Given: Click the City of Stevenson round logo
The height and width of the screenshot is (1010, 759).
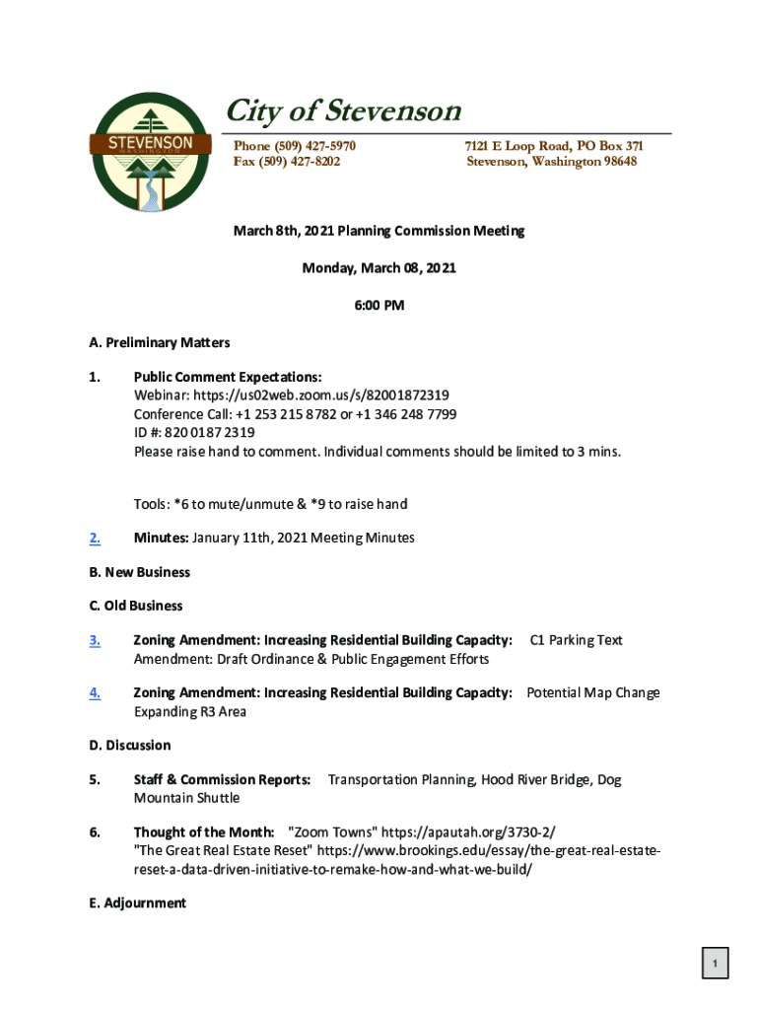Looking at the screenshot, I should click(150, 152).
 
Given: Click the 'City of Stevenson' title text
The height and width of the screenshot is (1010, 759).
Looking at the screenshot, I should click(344, 110).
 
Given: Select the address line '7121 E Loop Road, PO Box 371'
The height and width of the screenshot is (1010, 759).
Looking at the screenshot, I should click(554, 146).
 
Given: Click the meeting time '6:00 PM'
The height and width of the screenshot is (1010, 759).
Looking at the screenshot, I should click(379, 305).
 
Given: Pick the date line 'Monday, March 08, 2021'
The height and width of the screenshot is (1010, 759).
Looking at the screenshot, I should click(379, 267).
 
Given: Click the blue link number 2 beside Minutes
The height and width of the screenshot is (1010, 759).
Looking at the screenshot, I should click(95, 538).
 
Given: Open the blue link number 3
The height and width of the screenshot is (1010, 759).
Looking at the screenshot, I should click(95, 640).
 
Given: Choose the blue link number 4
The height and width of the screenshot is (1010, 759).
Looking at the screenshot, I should click(95, 692).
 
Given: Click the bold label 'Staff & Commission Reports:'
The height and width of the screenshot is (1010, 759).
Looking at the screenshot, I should click(223, 779).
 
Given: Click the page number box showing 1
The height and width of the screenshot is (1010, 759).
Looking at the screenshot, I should click(715, 963).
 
